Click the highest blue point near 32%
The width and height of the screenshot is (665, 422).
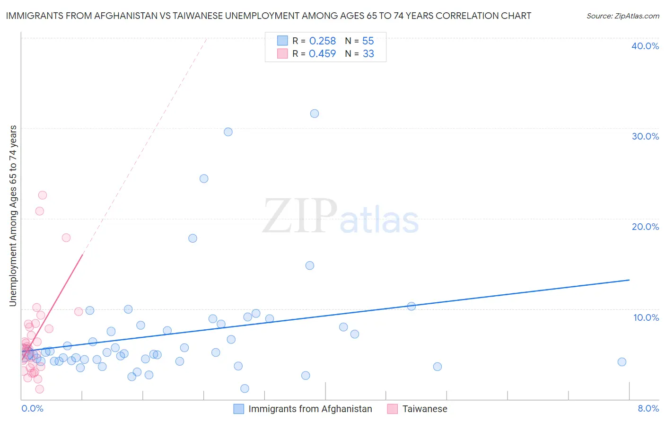click(315, 114)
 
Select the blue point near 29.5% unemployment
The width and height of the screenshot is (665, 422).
click(228, 132)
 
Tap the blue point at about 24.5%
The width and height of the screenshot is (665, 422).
click(204, 178)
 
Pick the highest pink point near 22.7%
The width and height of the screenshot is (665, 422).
click(43, 195)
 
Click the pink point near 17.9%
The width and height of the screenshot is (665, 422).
click(66, 237)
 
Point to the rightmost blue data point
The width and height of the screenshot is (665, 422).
click(622, 362)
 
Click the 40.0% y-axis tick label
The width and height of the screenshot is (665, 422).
click(645, 46)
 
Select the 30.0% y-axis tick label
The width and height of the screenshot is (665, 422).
click(645, 136)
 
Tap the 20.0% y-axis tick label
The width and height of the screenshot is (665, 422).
click(645, 227)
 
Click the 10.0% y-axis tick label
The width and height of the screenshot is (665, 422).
click(646, 317)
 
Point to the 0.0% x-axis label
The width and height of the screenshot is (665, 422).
click(32, 409)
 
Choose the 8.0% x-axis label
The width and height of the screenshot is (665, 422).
click(648, 409)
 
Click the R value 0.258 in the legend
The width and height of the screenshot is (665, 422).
click(322, 41)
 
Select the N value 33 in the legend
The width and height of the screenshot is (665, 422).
click(368, 54)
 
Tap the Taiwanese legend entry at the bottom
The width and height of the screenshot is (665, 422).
click(424, 409)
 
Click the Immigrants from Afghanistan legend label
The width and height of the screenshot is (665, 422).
click(310, 409)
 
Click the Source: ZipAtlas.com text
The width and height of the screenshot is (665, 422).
click(622, 16)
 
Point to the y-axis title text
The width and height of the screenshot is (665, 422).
click(13, 216)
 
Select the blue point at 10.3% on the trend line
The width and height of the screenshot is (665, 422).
click(411, 306)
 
